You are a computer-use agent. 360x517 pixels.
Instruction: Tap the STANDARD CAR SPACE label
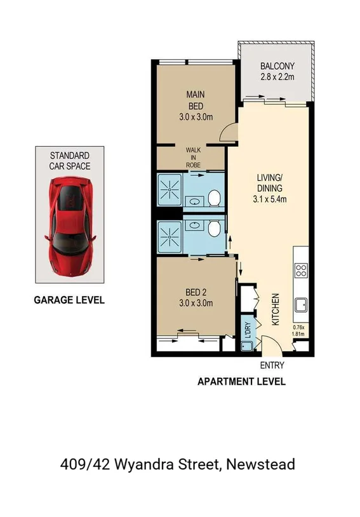[x=70, y=161]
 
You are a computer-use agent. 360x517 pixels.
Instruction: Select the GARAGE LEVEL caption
[x=69, y=300]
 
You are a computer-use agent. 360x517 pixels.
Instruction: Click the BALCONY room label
[x=277, y=67]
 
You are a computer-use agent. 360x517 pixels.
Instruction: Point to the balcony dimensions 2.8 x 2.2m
[x=277, y=78]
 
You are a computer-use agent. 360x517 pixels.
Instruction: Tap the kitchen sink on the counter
[x=301, y=306]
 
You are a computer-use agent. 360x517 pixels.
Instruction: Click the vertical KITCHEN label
[x=276, y=309]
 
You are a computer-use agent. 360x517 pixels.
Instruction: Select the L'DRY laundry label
[x=248, y=330]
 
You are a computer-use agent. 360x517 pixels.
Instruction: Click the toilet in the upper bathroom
[x=215, y=199]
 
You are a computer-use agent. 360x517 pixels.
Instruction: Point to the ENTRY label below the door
[x=272, y=365]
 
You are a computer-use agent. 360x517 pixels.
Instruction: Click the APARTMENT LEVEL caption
[x=241, y=382]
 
